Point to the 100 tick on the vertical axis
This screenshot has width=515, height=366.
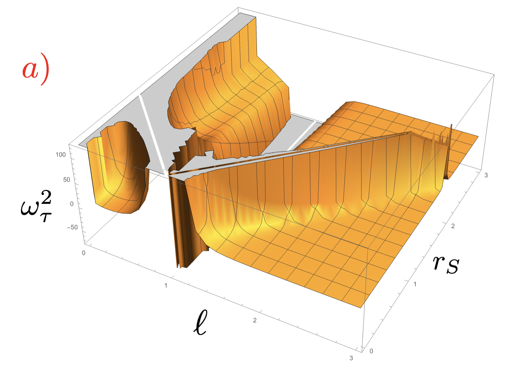click(x=61, y=155)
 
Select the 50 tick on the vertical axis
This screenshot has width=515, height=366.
click(x=67, y=179)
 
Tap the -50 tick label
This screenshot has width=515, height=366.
click(x=72, y=227)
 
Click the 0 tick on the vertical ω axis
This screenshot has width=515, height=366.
click(x=72, y=204)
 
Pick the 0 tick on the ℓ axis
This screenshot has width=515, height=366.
click(x=84, y=253)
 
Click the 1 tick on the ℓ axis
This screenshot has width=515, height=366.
click(x=166, y=285)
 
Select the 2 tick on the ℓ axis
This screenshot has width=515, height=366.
click(x=255, y=320)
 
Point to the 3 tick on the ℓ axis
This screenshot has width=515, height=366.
click(x=351, y=358)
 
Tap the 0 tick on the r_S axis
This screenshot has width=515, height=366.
click(x=371, y=351)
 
